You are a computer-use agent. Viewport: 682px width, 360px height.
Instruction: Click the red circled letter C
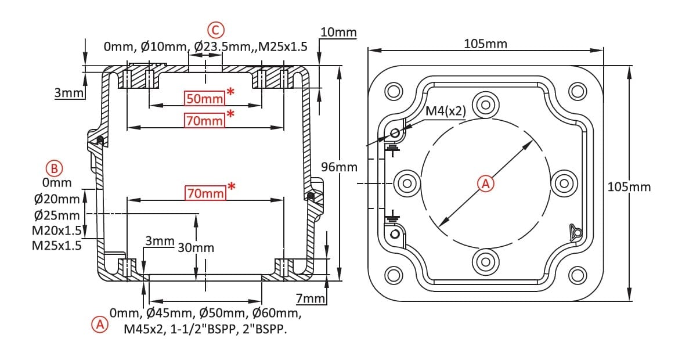215,30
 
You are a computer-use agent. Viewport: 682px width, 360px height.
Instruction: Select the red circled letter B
55,168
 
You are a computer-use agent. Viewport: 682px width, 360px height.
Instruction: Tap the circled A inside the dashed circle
486,183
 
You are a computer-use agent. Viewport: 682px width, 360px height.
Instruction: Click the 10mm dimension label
338,33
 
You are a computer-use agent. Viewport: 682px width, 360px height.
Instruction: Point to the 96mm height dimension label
339,167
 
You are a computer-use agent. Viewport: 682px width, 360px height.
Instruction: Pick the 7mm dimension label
311,298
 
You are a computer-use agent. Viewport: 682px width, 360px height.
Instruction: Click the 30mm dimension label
196,248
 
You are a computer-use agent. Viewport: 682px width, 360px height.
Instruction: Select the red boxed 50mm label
204,98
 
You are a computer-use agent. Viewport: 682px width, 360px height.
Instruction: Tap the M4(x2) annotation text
445,110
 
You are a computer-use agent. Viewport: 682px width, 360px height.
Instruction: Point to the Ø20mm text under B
57,199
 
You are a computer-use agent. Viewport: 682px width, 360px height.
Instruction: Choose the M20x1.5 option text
56,230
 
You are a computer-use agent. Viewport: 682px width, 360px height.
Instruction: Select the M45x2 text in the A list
145,329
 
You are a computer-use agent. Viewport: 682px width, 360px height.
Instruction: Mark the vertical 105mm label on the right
629,187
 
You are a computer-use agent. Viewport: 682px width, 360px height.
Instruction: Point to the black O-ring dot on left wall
100,140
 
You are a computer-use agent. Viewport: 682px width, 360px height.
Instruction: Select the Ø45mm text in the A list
170,313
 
